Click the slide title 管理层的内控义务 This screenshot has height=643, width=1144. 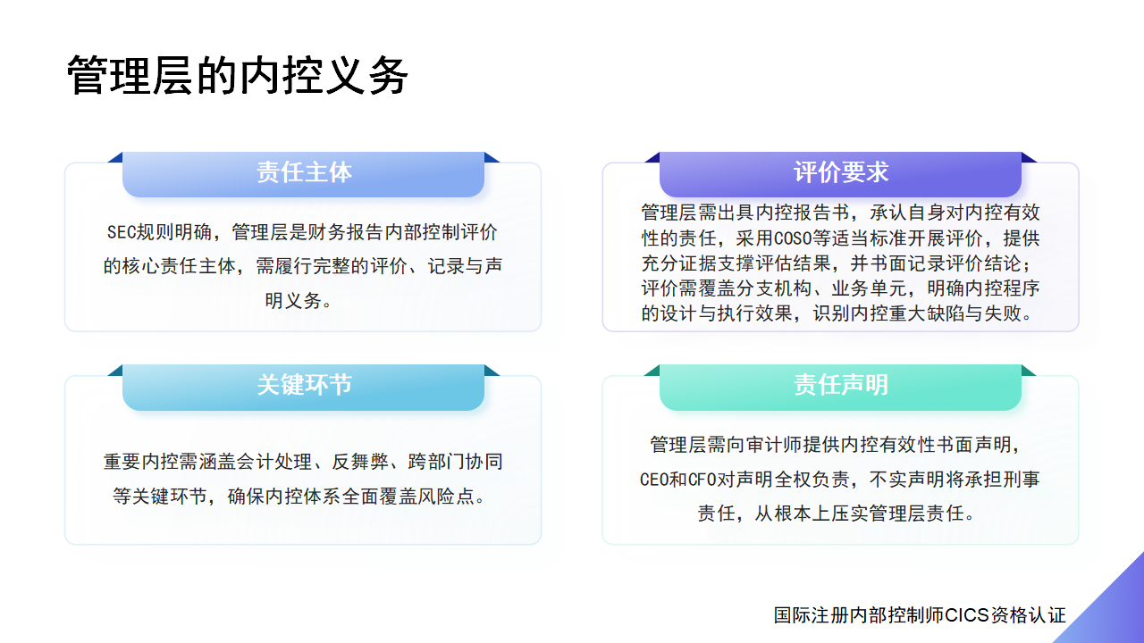[x=238, y=76]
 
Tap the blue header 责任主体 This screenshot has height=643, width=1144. [x=304, y=172]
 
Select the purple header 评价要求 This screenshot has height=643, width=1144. [x=841, y=172]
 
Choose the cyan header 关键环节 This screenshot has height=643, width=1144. [x=304, y=385]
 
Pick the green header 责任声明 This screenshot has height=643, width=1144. [x=841, y=385]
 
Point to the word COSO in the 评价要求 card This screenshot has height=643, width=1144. [x=793, y=238]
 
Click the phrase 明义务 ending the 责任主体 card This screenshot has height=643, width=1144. [x=292, y=301]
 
